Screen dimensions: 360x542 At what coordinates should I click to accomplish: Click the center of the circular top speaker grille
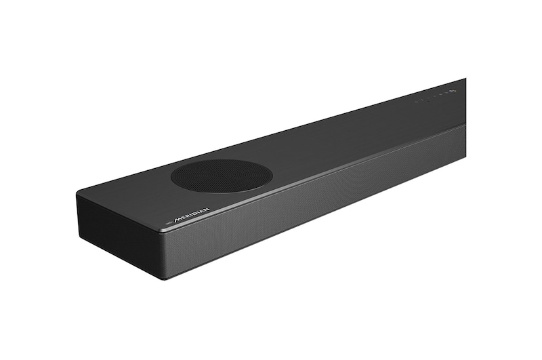pyautogui.click(x=222, y=176)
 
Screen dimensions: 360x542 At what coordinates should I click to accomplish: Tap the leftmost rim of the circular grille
pyautogui.click(x=171, y=178)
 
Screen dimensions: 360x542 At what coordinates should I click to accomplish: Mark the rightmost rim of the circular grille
pyautogui.click(x=272, y=173)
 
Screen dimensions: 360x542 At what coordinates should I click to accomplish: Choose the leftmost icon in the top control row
pyautogui.click(x=417, y=100)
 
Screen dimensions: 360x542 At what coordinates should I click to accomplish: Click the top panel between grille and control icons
pyautogui.click(x=346, y=132)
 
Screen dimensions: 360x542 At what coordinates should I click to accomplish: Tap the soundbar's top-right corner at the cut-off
pyautogui.click(x=465, y=79)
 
